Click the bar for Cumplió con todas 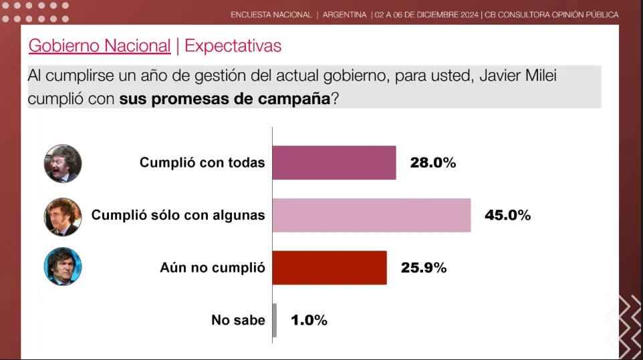pyautogui.click(x=334, y=163)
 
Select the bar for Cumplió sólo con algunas pyautogui.click(x=371, y=215)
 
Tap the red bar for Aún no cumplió pyautogui.click(x=330, y=268)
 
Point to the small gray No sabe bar pyautogui.click(x=275, y=320)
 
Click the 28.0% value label pyautogui.click(x=432, y=162)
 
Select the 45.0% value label pyautogui.click(x=507, y=215)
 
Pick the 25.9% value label pyautogui.click(x=423, y=268)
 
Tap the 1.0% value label pyautogui.click(x=309, y=320)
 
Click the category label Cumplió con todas pyautogui.click(x=202, y=162)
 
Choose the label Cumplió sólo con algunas pyautogui.click(x=178, y=215)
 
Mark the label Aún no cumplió pyautogui.click(x=213, y=268)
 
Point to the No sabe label pyautogui.click(x=238, y=320)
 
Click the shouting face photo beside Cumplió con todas pyautogui.click(x=63, y=164)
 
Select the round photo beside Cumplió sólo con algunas pyautogui.click(x=63, y=216)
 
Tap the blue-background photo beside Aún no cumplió pyautogui.click(x=63, y=266)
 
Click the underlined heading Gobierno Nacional pyautogui.click(x=100, y=45)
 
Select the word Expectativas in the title pyautogui.click(x=233, y=45)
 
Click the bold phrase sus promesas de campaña pyautogui.click(x=225, y=99)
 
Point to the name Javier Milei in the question pyautogui.click(x=518, y=76)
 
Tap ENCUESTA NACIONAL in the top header pyautogui.click(x=271, y=15)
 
